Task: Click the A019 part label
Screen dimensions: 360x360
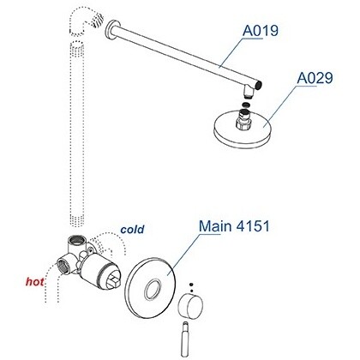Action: [x=261, y=31]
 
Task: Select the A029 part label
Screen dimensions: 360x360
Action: [x=315, y=78]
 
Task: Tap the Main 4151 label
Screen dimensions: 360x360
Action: [x=234, y=226]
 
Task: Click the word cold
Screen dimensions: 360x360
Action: [x=132, y=230]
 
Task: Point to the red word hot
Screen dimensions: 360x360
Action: [x=35, y=282]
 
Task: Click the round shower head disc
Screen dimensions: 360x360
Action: [x=242, y=131]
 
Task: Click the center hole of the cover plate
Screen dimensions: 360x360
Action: [x=152, y=290]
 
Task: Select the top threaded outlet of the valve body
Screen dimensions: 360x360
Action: [x=76, y=243]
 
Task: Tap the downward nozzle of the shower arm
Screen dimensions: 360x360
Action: [x=249, y=92]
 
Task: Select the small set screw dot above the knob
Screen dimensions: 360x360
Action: [x=191, y=285]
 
